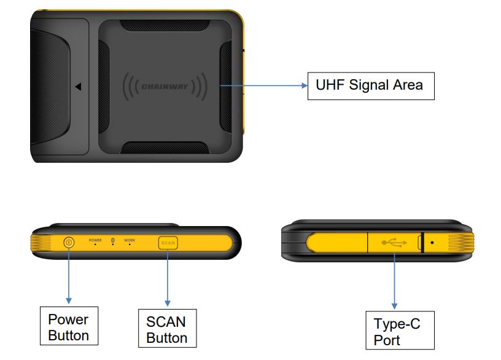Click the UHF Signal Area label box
370,84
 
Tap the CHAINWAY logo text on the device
164,87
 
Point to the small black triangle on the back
79,87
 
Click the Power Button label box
68,327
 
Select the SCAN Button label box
167,330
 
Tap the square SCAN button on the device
168,242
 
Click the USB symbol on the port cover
394,243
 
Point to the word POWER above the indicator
95,240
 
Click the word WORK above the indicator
130,240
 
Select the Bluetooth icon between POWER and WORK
112,240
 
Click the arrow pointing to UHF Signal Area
264,86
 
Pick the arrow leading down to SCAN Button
167,276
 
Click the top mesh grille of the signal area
164,26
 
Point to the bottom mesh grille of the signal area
164,148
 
